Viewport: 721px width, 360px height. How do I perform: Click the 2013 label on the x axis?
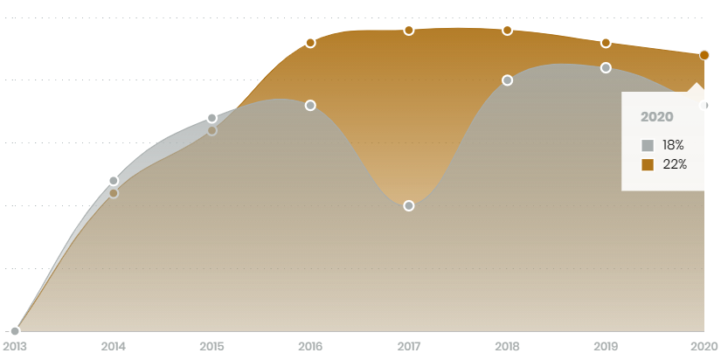click(x=15, y=347)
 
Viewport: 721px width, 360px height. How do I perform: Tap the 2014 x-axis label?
click(x=114, y=347)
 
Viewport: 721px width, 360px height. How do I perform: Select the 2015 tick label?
click(x=211, y=347)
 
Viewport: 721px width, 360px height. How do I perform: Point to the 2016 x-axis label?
click(x=310, y=347)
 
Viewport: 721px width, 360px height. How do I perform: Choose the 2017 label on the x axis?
click(x=409, y=347)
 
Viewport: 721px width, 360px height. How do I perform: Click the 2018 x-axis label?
click(x=507, y=347)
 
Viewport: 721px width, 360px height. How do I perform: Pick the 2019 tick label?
click(x=606, y=347)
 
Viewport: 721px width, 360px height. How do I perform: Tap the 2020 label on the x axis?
click(x=704, y=347)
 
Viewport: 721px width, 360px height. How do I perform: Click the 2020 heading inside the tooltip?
click(x=656, y=117)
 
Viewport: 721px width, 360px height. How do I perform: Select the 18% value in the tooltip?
click(x=673, y=145)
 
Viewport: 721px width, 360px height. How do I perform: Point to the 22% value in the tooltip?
click(x=675, y=164)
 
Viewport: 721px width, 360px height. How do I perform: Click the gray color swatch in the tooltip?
click(x=648, y=146)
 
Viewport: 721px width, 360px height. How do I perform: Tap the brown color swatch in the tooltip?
click(x=648, y=164)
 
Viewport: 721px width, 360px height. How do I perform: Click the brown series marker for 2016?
click(x=310, y=43)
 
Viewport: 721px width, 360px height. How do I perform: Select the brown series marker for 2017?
click(x=409, y=31)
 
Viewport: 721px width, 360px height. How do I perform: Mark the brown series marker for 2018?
click(x=507, y=31)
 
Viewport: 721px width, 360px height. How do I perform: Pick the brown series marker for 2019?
click(x=606, y=43)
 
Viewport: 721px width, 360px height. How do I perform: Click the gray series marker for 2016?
click(x=310, y=106)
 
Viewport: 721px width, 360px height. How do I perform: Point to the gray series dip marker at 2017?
click(x=409, y=206)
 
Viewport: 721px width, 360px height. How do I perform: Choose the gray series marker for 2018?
click(x=507, y=80)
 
